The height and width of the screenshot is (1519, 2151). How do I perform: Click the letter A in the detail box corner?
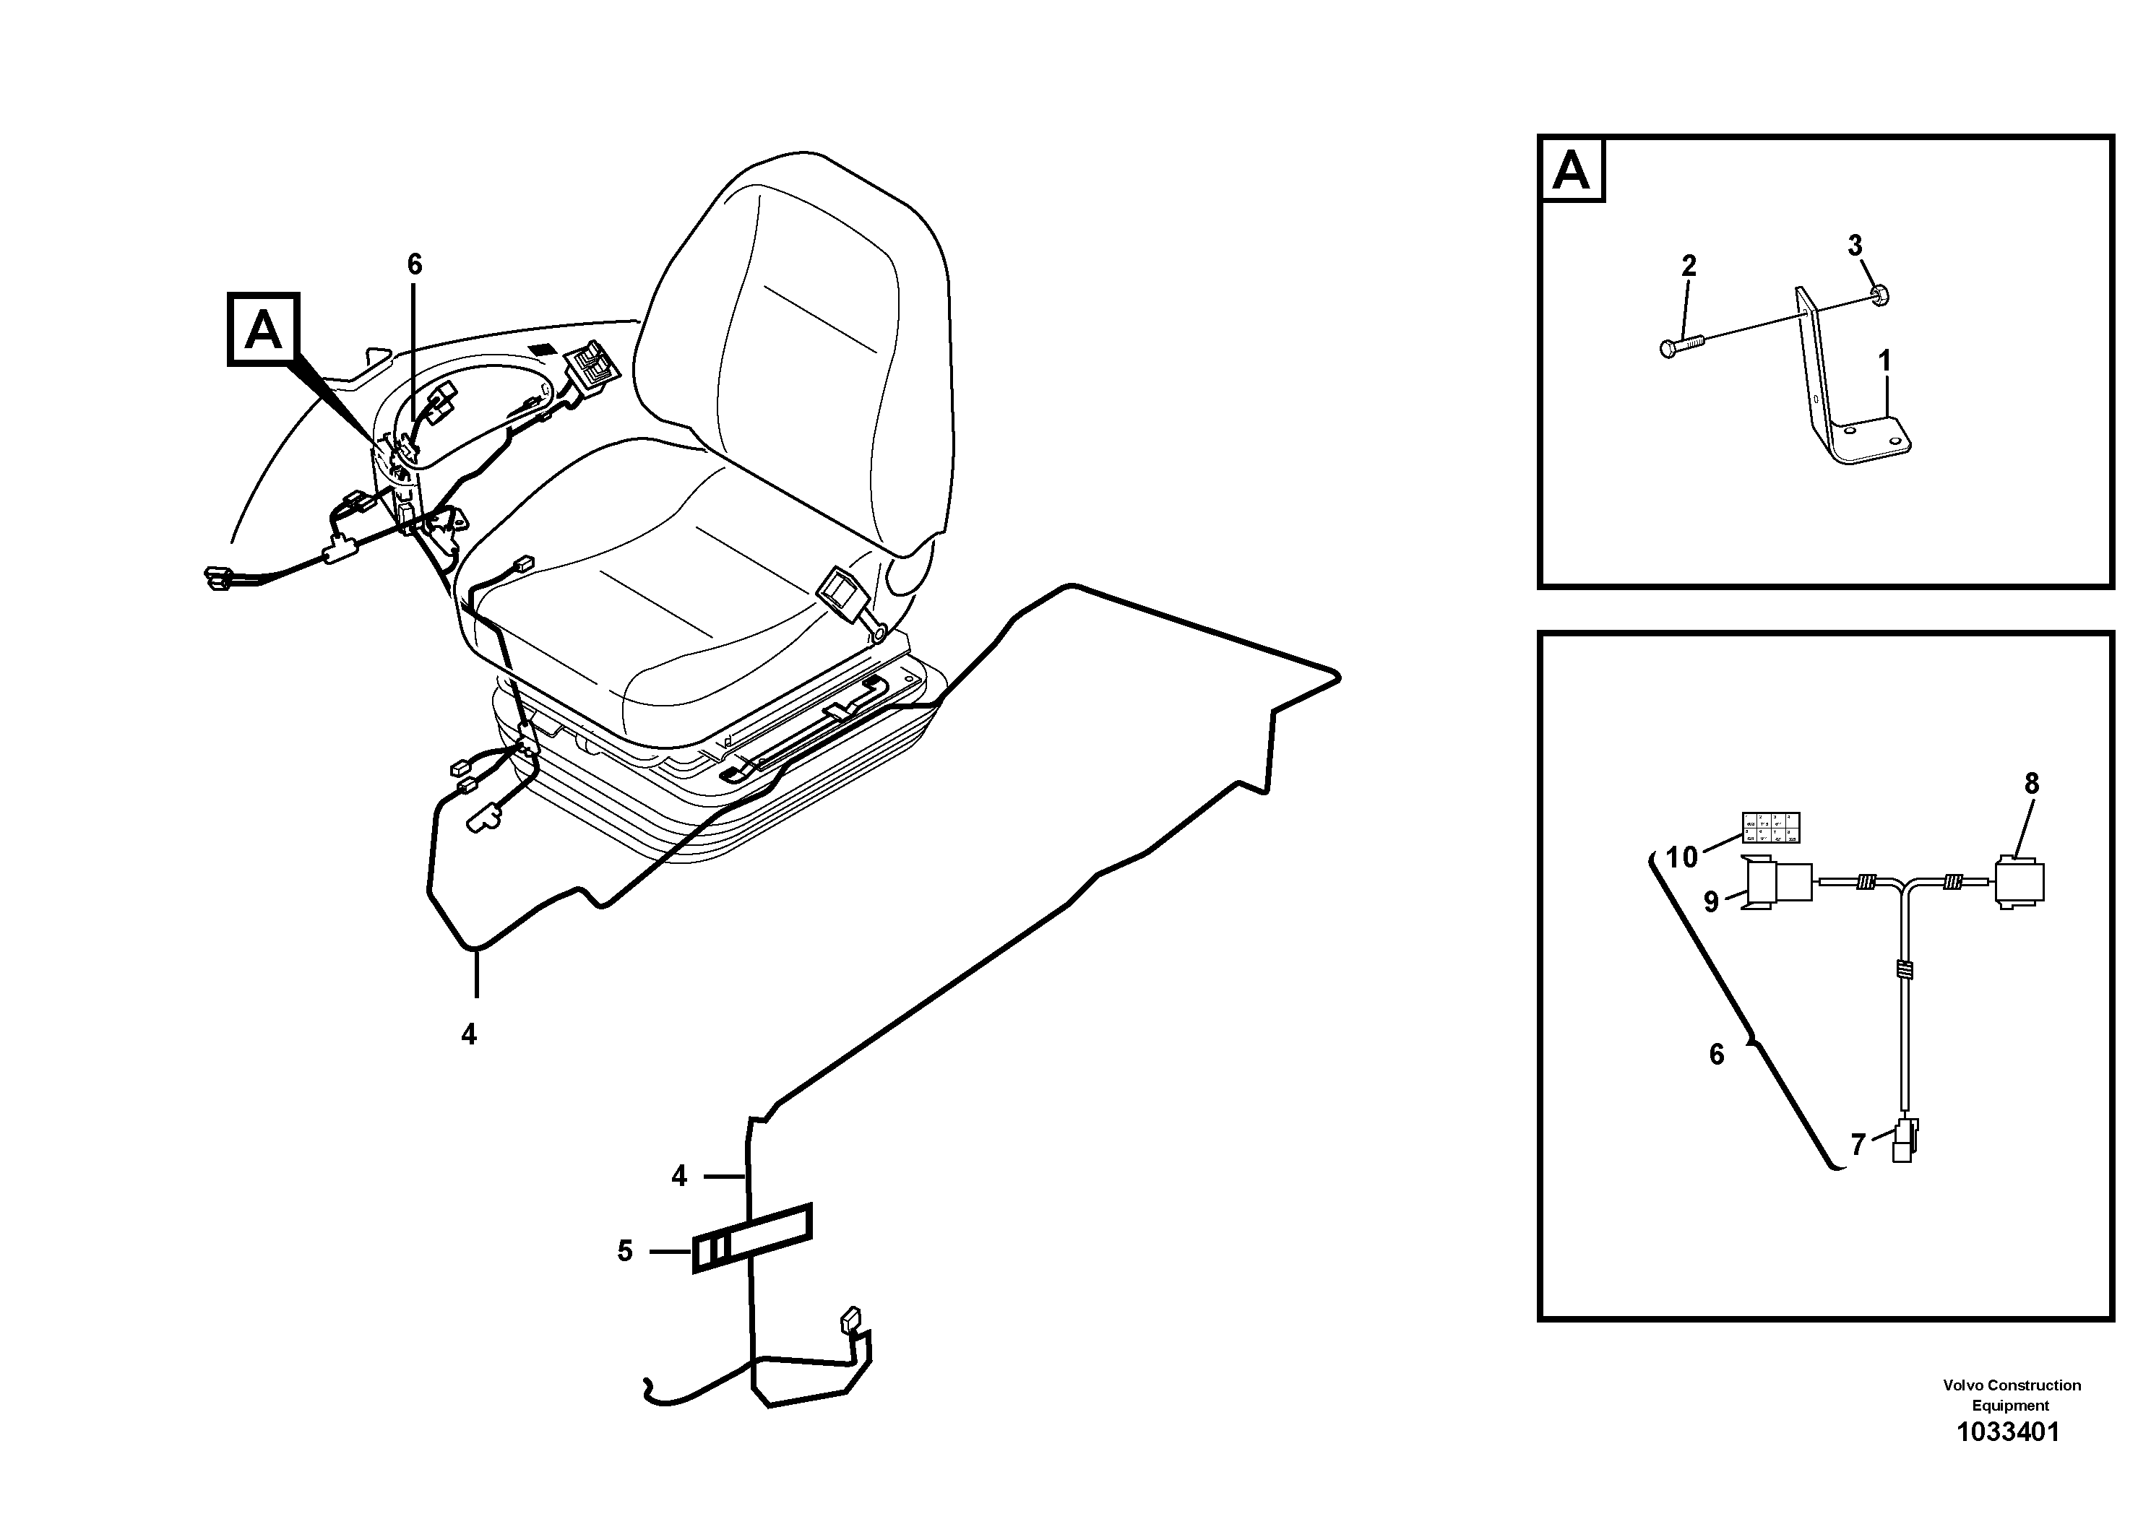pos(1571,171)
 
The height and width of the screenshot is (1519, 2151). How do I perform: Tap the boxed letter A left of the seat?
pos(263,329)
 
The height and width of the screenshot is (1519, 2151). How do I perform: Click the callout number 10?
pos(1681,857)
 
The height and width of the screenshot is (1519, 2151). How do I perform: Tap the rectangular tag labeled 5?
pos(752,1238)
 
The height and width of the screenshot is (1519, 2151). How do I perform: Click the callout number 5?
pos(625,1251)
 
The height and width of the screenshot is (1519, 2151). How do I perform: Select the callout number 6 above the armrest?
pos(414,265)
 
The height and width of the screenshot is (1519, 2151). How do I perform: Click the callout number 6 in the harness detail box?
pos(1716,1055)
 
